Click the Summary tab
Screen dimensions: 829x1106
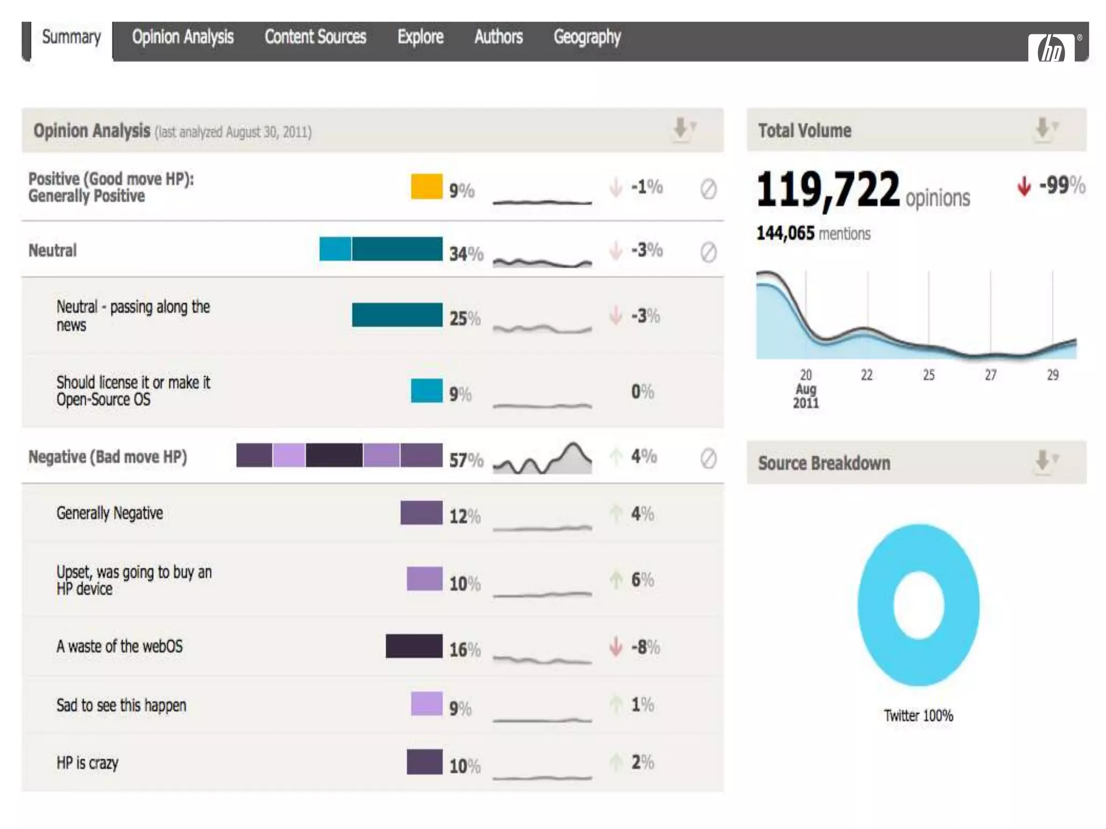click(71, 38)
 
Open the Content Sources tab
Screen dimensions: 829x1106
click(315, 37)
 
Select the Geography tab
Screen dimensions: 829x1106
click(587, 37)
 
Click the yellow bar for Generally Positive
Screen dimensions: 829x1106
click(427, 187)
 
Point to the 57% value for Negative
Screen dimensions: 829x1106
click(466, 460)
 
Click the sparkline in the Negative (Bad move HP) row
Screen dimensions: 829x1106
click(542, 460)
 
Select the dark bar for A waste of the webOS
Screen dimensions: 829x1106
click(414, 646)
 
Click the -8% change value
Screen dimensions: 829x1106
click(645, 647)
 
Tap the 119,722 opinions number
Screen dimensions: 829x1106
click(828, 190)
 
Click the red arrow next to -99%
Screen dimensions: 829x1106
click(1024, 187)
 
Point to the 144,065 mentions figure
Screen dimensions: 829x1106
click(813, 233)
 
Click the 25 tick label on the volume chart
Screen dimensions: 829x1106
click(928, 375)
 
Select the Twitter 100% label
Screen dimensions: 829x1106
click(918, 716)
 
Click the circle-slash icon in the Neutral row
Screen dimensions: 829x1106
click(708, 252)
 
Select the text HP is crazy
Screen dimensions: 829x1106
click(87, 763)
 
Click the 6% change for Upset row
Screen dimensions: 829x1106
click(642, 580)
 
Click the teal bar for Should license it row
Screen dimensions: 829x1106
click(427, 391)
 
